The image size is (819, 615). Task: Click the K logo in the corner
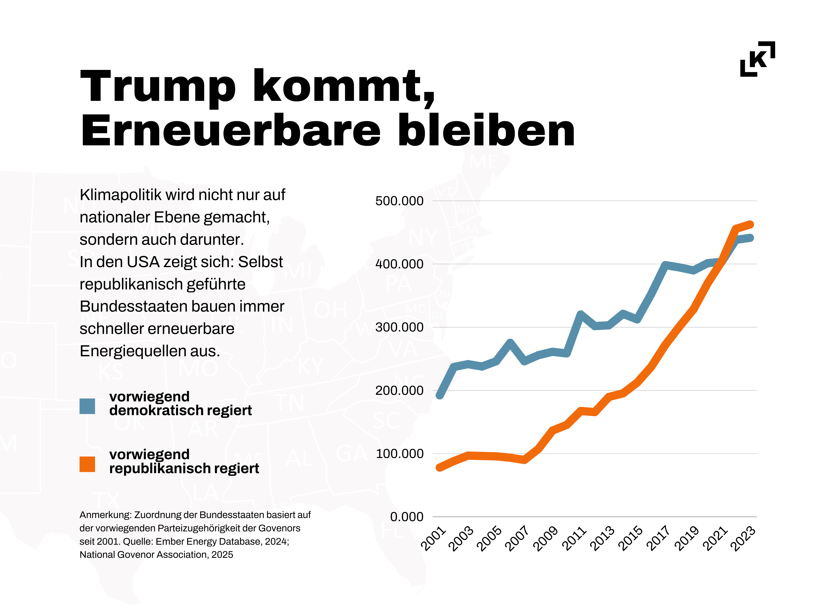click(758, 59)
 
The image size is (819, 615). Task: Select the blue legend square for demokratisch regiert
click(87, 406)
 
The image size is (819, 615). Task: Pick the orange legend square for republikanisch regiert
click(87, 464)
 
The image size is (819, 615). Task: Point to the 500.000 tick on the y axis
click(399, 201)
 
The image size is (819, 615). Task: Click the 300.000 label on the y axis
click(399, 327)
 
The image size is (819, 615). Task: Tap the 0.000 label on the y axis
click(407, 517)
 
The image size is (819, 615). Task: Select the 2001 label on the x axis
click(434, 538)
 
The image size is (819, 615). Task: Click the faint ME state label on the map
click(484, 162)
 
